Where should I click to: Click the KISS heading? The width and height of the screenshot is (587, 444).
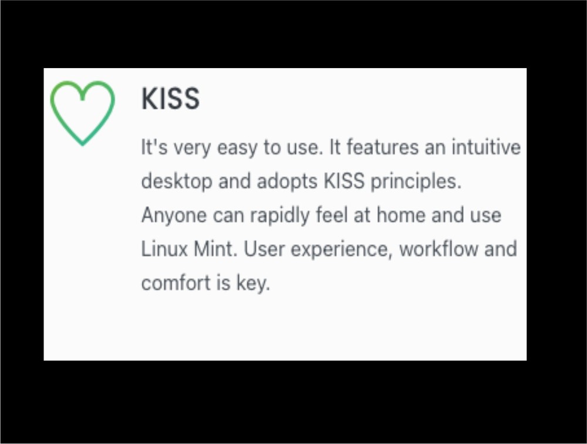pos(170,99)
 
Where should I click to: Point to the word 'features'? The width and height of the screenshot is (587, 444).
pos(382,146)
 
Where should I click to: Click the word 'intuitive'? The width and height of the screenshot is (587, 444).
pos(486,146)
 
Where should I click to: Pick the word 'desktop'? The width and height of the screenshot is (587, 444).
pos(177,181)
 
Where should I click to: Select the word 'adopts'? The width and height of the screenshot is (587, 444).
pos(287,181)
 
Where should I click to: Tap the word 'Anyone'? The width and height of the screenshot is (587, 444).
pos(174,216)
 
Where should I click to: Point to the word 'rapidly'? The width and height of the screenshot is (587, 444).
pos(280,216)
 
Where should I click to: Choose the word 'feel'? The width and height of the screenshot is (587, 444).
pos(332,215)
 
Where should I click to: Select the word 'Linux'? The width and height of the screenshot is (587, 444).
pos(164,249)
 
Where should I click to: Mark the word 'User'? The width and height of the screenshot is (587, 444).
pos(264,249)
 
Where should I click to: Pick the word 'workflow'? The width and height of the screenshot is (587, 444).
pos(438,249)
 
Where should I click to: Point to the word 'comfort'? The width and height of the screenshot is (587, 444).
pos(176,282)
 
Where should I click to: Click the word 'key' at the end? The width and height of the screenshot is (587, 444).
pos(251,283)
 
